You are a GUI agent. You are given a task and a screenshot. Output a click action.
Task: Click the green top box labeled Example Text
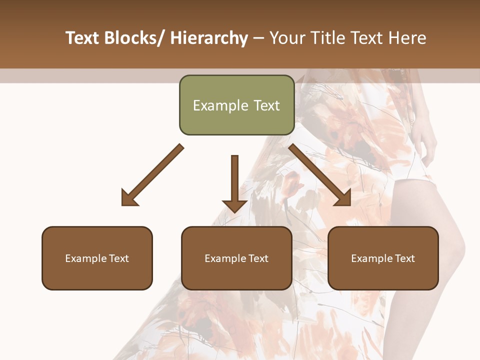tap(236, 105)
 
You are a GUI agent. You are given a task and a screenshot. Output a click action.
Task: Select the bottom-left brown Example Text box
tap(97, 258)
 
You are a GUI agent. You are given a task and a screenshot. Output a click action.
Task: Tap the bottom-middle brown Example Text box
tap(236, 258)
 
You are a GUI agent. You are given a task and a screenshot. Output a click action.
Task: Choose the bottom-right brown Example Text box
tap(383, 258)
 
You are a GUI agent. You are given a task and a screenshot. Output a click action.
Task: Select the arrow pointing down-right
tap(320, 175)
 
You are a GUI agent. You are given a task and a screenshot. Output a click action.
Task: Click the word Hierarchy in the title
tap(209, 38)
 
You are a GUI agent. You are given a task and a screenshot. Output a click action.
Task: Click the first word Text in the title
tap(82, 38)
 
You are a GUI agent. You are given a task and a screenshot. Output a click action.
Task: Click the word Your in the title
tap(288, 38)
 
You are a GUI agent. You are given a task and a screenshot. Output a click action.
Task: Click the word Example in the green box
tap(220, 105)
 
